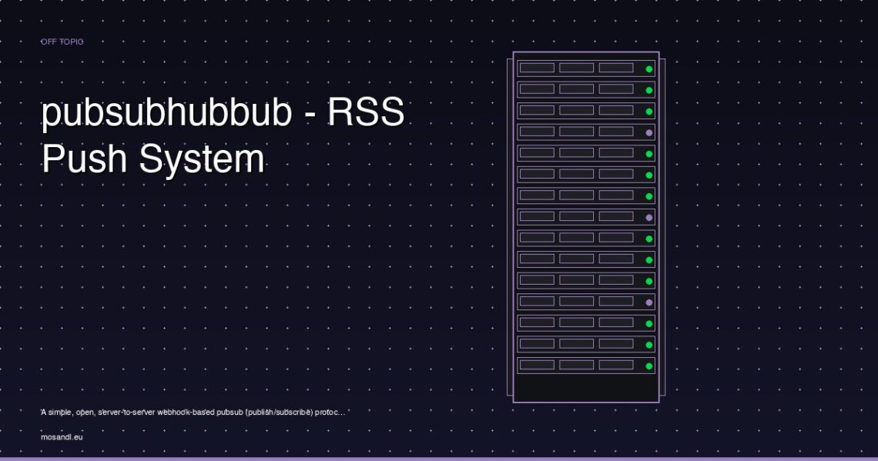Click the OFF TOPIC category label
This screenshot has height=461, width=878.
(x=62, y=42)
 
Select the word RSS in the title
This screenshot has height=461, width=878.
(x=366, y=112)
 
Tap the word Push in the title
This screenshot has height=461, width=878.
(x=85, y=159)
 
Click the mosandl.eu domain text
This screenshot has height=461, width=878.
(x=62, y=437)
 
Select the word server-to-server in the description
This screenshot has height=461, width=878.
(x=126, y=413)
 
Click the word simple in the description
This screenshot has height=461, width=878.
(x=60, y=413)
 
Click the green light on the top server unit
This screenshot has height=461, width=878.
(x=649, y=69)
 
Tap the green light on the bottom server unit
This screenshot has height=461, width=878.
(x=649, y=366)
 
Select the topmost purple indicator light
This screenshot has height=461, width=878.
(x=649, y=133)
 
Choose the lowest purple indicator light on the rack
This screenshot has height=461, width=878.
(x=649, y=302)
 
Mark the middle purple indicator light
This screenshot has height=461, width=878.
(x=649, y=218)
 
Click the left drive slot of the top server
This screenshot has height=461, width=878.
(x=537, y=68)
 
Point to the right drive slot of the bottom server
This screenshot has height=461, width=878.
(x=616, y=365)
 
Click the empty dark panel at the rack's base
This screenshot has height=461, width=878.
(x=585, y=388)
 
